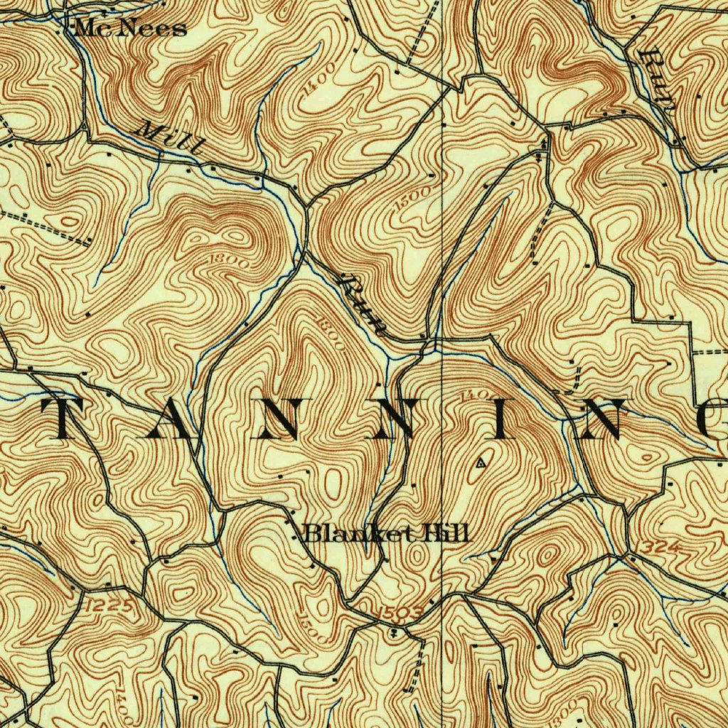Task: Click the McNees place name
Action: [130, 28]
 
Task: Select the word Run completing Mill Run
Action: [363, 306]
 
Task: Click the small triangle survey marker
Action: [481, 463]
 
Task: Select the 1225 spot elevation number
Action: [107, 606]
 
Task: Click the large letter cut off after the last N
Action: [715, 419]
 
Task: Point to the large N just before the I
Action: [391, 419]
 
